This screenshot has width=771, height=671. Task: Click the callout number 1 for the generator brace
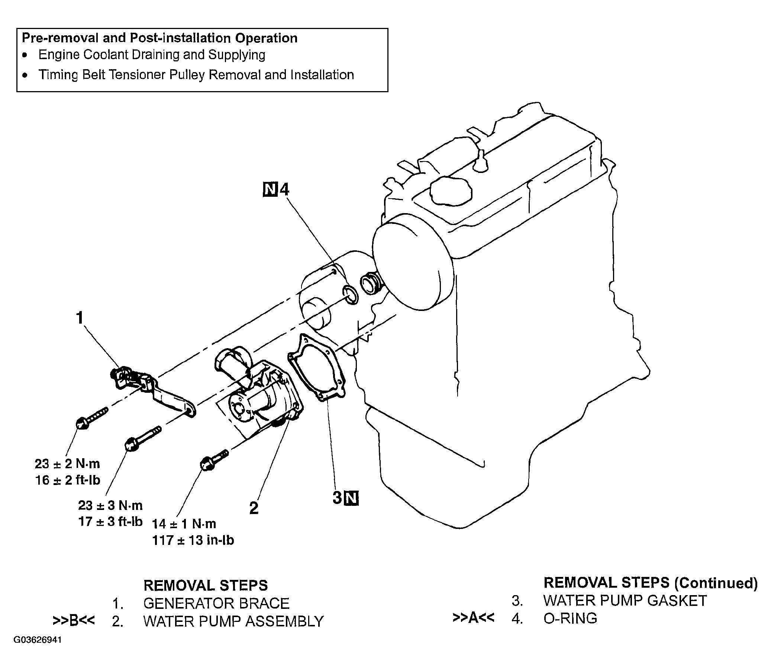point(79,318)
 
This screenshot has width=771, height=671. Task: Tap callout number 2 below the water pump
point(254,508)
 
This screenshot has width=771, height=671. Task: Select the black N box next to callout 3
point(351,498)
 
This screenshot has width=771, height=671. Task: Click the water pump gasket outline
point(317,369)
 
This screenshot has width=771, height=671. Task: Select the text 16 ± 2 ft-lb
point(68,481)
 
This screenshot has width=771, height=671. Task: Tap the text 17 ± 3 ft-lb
point(110,521)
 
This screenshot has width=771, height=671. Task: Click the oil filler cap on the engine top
point(451,190)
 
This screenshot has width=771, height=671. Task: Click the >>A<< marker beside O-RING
point(473,618)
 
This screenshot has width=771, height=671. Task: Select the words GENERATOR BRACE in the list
point(216,603)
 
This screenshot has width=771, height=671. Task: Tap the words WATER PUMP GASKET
point(625,601)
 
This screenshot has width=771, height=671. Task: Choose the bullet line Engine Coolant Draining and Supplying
point(152,55)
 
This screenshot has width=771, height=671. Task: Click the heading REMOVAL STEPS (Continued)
point(651,582)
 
